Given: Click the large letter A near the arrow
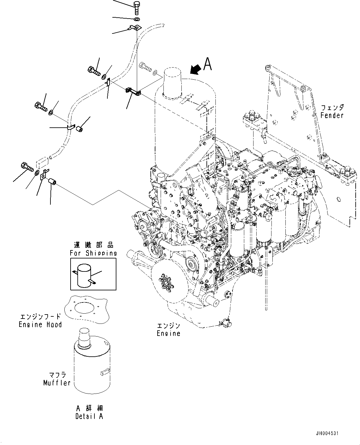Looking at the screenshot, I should [207, 64].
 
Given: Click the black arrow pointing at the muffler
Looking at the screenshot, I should [195, 70].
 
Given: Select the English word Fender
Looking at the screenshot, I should [332, 116].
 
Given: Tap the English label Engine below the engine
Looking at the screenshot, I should [168, 333].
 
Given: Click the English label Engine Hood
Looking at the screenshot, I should [40, 325].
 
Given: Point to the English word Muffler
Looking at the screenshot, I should [57, 383].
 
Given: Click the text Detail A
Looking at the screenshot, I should [89, 416].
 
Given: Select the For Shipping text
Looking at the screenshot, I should [93, 253].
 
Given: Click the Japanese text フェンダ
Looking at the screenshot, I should [332, 108].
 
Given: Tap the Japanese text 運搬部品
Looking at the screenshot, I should [93, 245].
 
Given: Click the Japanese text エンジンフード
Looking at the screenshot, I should [40, 317].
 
